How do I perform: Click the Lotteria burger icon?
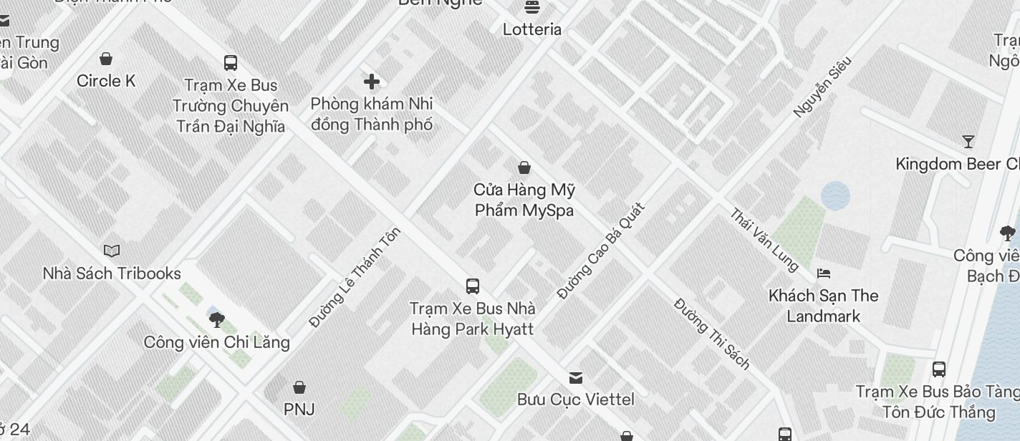click(x=532, y=7)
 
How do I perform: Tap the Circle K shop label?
click(x=106, y=81)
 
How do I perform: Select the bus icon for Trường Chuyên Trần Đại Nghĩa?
click(x=231, y=63)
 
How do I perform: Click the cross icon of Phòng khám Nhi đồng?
click(x=372, y=82)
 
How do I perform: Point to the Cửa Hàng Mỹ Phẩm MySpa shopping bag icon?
click(x=524, y=168)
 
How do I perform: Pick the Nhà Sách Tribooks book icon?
click(x=112, y=251)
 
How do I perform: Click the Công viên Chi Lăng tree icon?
click(x=217, y=319)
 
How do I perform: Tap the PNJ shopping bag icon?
click(x=299, y=387)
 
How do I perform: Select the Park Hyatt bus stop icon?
click(x=473, y=286)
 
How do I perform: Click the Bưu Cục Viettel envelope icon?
click(x=576, y=377)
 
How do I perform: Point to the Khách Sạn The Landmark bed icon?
click(x=824, y=273)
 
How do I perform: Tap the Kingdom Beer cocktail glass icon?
click(x=968, y=142)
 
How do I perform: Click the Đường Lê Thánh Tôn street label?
click(x=355, y=278)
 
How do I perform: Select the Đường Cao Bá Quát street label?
click(x=601, y=251)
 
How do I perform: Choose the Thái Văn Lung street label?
click(x=764, y=240)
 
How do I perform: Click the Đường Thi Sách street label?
click(x=712, y=334)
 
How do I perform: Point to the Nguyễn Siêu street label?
click(x=822, y=87)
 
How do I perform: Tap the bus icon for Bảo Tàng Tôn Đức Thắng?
click(x=939, y=369)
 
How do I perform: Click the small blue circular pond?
click(x=835, y=195)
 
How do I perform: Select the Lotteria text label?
click(x=532, y=29)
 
